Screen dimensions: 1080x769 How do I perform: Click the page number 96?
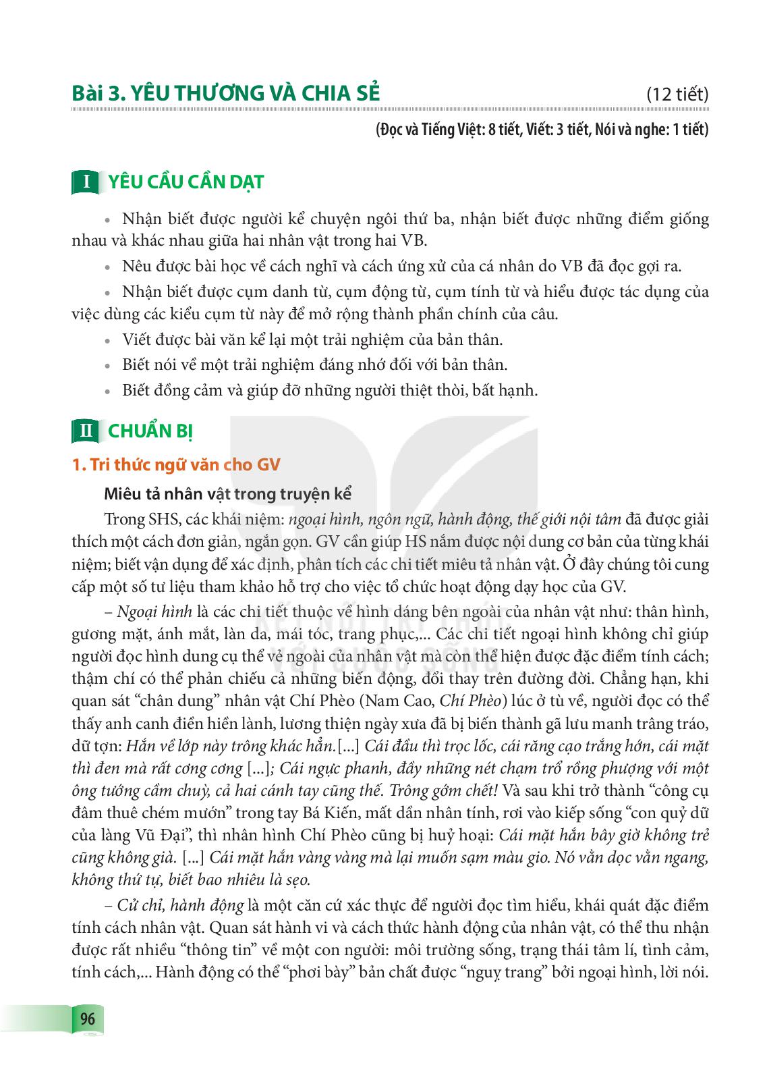(88, 1019)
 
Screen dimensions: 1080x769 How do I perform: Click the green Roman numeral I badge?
(86, 182)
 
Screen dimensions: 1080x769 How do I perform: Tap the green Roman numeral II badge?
(86, 431)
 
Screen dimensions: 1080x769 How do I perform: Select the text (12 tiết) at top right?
(677, 94)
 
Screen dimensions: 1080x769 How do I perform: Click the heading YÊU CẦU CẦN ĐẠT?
(181, 182)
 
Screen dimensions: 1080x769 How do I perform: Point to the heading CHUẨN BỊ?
(150, 431)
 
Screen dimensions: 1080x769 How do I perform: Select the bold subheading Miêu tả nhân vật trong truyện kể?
(228, 493)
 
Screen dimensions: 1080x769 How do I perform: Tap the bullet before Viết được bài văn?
(107, 340)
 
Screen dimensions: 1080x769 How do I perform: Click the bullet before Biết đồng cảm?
(107, 391)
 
